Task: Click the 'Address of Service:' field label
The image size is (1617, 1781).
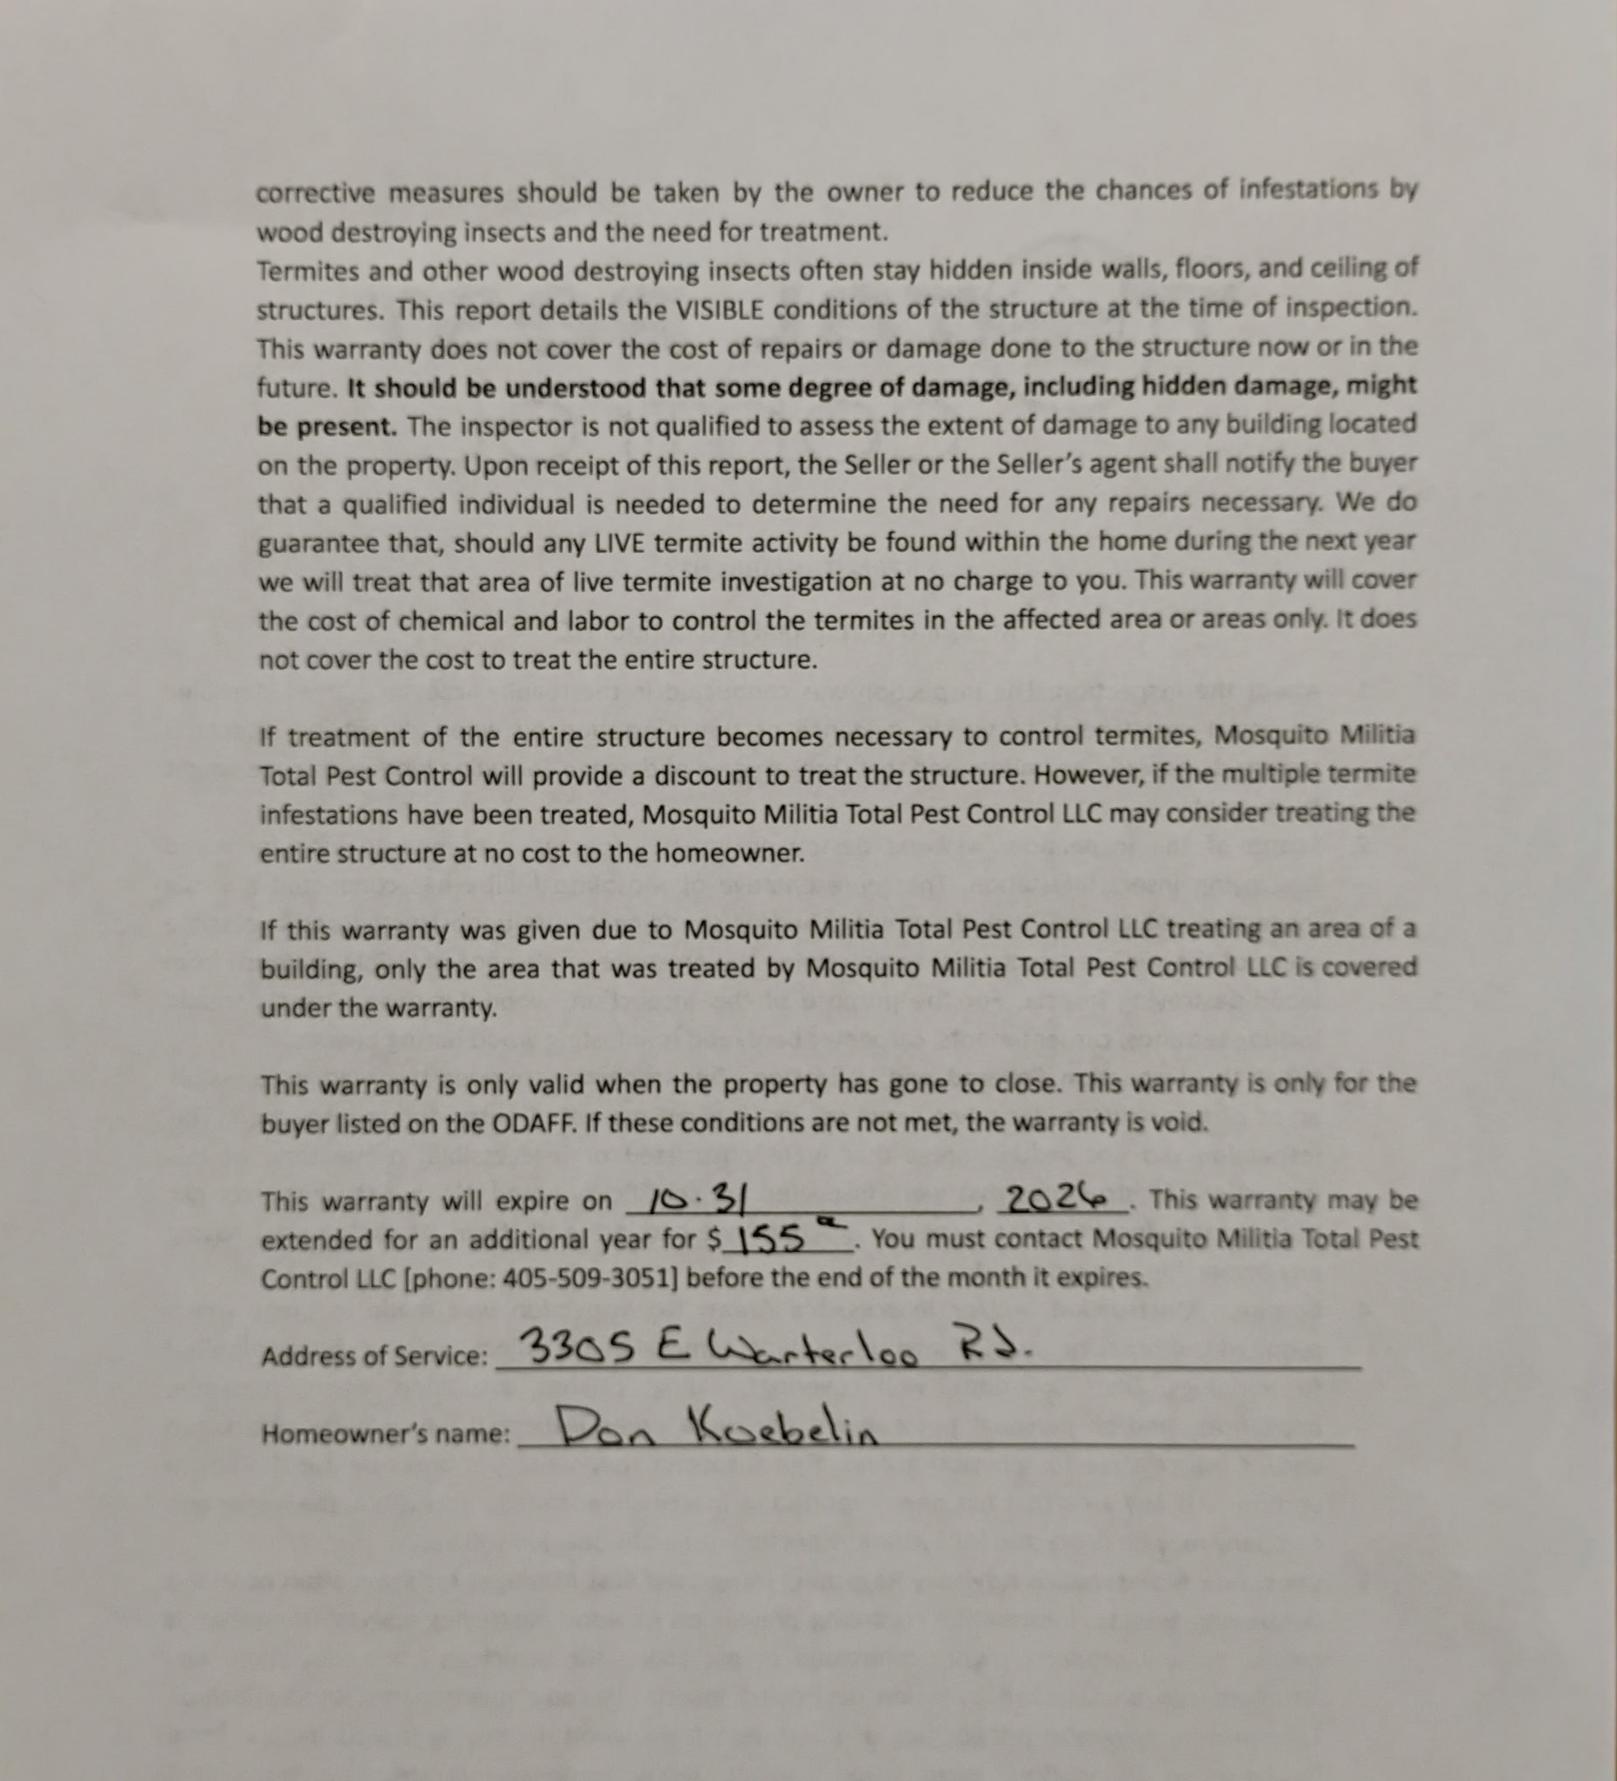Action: coord(374,1357)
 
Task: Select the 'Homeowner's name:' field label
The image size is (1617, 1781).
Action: coord(385,1434)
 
